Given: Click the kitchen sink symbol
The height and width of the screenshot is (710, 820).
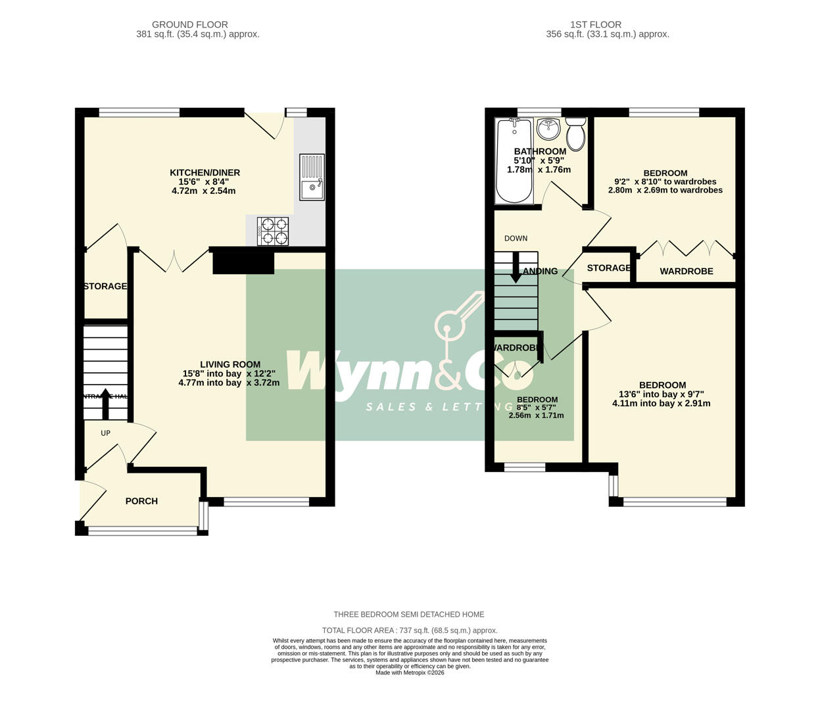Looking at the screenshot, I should [x=312, y=177].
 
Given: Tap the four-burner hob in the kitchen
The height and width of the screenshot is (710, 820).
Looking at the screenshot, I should [x=273, y=231].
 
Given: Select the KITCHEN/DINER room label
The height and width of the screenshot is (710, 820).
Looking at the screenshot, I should [x=205, y=173].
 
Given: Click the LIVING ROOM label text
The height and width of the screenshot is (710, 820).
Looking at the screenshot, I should [x=230, y=364].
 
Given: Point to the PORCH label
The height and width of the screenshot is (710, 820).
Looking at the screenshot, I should [x=141, y=501].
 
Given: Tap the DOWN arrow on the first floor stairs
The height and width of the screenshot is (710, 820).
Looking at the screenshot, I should [x=516, y=271].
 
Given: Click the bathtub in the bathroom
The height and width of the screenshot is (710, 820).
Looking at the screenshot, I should [x=514, y=160].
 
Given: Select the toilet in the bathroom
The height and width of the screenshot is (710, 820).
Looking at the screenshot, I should [x=576, y=133].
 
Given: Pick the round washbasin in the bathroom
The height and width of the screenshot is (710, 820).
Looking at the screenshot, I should [x=547, y=129].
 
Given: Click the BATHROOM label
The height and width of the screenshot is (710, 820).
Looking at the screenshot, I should [x=540, y=151].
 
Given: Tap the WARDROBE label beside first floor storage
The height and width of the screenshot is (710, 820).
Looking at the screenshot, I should [x=687, y=271].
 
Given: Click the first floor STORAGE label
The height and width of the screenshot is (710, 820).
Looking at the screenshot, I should [x=609, y=268].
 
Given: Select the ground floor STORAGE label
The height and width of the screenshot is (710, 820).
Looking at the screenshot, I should [x=105, y=286].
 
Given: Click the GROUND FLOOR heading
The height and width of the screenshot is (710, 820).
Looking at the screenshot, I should [x=197, y=25].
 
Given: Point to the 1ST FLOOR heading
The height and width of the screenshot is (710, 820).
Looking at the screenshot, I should [x=608, y=25].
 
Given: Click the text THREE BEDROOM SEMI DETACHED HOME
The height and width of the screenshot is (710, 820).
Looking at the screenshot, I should [x=408, y=615].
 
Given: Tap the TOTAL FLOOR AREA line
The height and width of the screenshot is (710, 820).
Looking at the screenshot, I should [x=410, y=630].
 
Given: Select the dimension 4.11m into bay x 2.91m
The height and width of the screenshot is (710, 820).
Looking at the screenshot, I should [x=661, y=404].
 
